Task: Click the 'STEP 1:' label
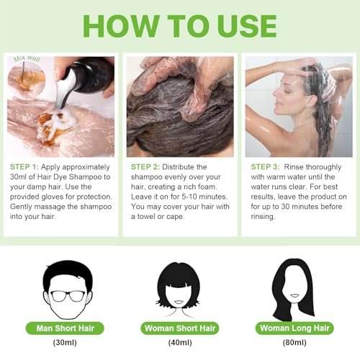[27, 166]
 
